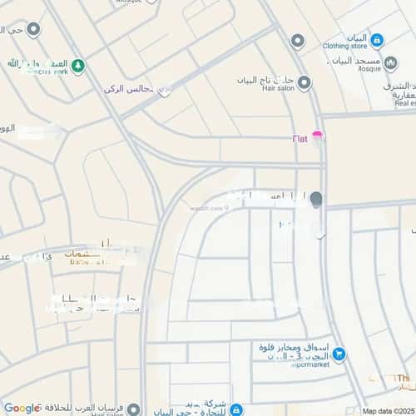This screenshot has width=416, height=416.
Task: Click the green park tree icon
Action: coord(77,65)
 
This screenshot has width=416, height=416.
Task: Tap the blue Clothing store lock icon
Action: coord(376,39)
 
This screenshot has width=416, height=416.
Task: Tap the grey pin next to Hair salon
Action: coord(304,82)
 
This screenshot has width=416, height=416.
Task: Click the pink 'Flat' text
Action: coord(300,138)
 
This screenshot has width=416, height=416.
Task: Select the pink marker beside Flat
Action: coord(318,136)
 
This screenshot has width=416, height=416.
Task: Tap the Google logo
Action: coord(22,408)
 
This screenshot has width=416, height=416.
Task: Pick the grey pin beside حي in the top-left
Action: coord(33,30)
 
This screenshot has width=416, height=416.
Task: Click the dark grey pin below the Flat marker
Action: coord(315,199)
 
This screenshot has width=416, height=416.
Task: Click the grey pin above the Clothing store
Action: coord(297,40)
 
